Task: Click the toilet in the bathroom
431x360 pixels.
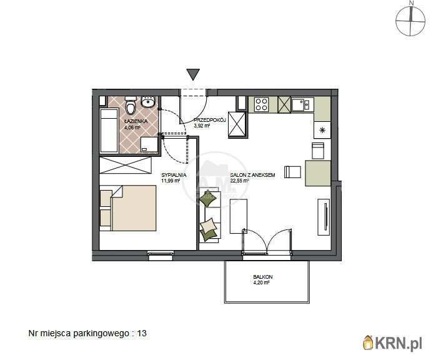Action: tap(131, 106)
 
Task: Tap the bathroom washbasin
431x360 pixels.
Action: tap(149, 102)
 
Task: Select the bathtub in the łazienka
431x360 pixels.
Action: tap(109, 131)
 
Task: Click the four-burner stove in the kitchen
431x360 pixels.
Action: tap(261, 104)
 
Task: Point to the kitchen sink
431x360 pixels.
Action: tap(302, 104)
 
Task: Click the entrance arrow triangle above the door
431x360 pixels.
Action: tap(193, 74)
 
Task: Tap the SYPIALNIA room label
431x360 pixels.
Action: tap(174, 175)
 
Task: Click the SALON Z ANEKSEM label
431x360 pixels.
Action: tap(252, 175)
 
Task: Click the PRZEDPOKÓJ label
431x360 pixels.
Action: tap(210, 120)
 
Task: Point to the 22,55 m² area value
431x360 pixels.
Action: tap(239, 181)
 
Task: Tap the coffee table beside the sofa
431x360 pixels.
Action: tap(239, 216)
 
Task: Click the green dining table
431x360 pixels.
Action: tap(318, 173)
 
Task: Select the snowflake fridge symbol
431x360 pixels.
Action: tap(322, 130)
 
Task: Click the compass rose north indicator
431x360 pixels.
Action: tap(410, 19)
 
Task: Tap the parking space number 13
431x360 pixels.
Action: tap(142, 333)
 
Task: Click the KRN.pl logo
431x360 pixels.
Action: tap(392, 343)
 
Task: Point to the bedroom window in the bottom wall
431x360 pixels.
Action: tap(161, 256)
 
